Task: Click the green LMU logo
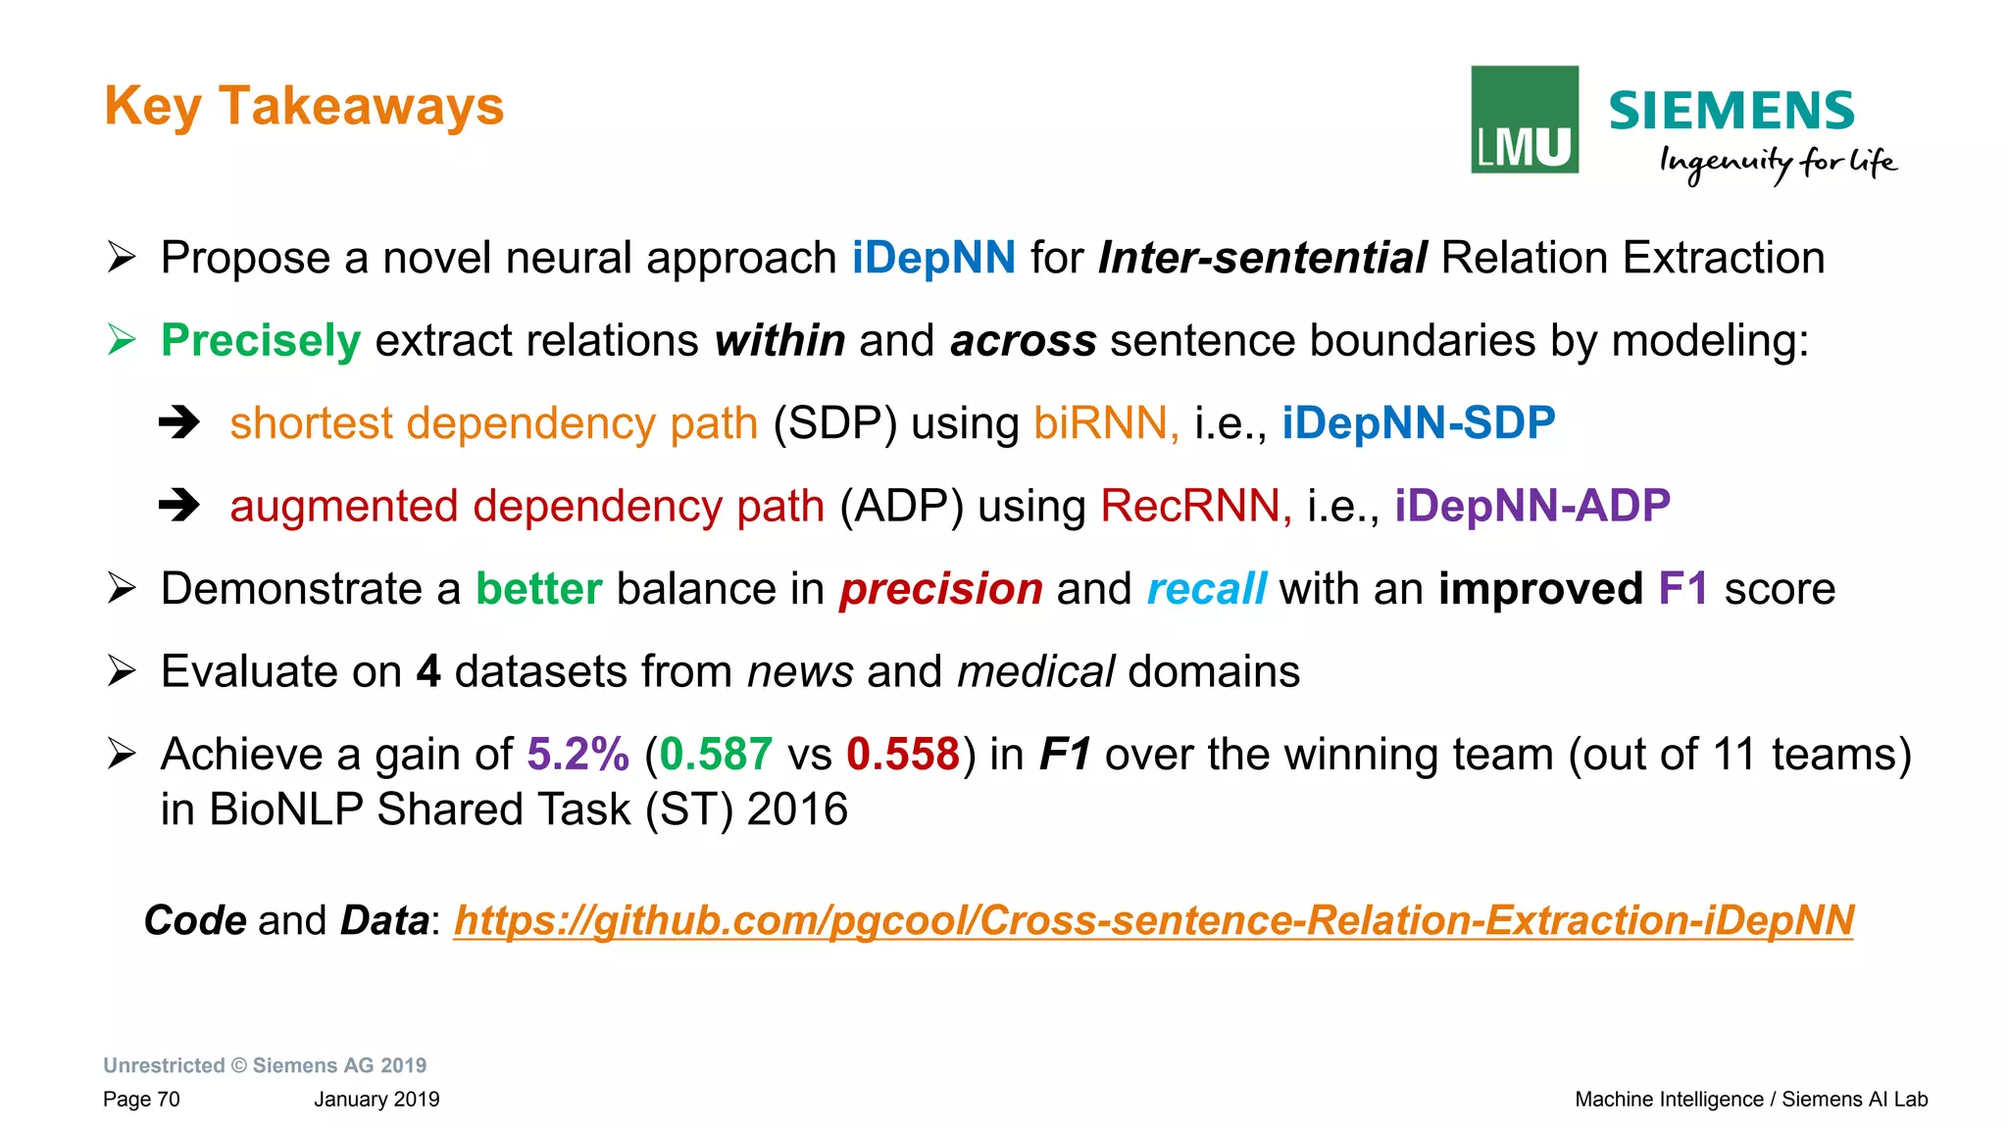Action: click(x=1524, y=120)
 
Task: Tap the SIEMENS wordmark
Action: click(x=1732, y=111)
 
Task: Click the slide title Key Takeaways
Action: click(x=304, y=106)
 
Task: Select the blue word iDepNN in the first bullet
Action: click(x=933, y=259)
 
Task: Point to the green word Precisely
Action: click(x=261, y=341)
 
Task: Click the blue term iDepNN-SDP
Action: click(x=1418, y=423)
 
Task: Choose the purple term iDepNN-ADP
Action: click(x=1531, y=507)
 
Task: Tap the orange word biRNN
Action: click(x=1104, y=423)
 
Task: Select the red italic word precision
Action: click(x=940, y=589)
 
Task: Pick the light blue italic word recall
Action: click(x=1206, y=589)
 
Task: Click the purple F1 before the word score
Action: click(x=1682, y=589)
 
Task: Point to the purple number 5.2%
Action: click(x=577, y=755)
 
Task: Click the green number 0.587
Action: click(x=716, y=755)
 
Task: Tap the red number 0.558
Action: click(x=903, y=755)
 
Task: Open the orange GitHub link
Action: click(x=1153, y=921)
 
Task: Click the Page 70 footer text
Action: click(x=141, y=1100)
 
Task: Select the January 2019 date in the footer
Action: click(x=376, y=1100)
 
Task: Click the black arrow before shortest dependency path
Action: click(x=179, y=423)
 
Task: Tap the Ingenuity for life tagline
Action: click(x=1777, y=163)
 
